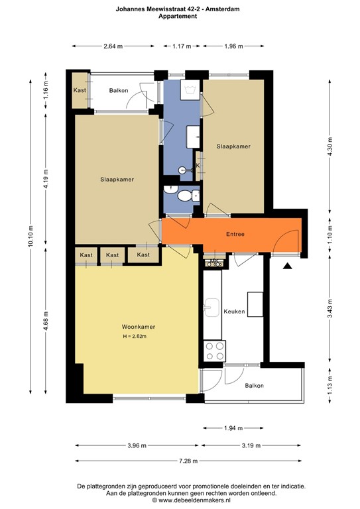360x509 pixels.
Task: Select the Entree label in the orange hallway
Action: [235, 234]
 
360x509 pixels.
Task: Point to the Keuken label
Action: [235, 311]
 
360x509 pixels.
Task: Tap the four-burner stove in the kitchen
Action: [214, 349]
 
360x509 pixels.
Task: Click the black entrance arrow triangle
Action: [287, 266]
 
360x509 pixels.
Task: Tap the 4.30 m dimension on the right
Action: [330, 150]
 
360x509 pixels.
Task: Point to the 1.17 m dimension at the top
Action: [182, 46]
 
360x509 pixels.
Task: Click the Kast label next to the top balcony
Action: [80, 90]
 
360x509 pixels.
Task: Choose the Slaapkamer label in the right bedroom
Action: [233, 146]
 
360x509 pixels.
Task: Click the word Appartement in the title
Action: [178, 17]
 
